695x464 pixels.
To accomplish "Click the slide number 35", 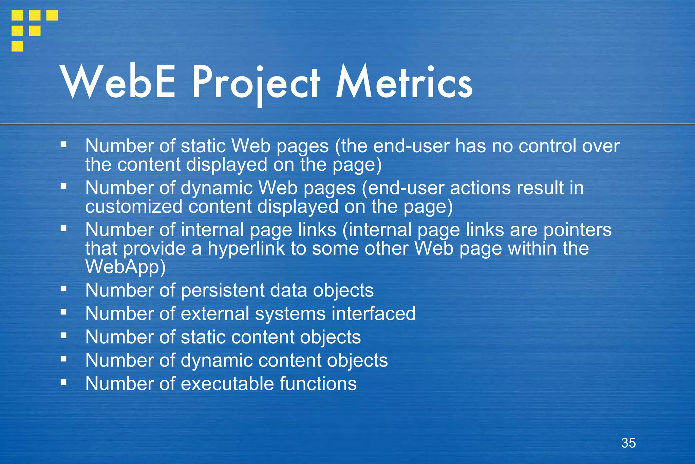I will pos(628,443).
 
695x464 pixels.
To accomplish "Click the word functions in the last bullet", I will pos(318,384).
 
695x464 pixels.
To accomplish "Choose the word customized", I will pos(134,207).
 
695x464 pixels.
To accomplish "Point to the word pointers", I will pos(577,230).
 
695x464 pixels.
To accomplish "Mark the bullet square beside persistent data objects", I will pos(63,289).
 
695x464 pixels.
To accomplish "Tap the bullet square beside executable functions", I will pos(63,382).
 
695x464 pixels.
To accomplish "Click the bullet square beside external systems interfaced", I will pos(63,312).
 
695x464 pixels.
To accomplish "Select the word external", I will pos(215,313).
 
